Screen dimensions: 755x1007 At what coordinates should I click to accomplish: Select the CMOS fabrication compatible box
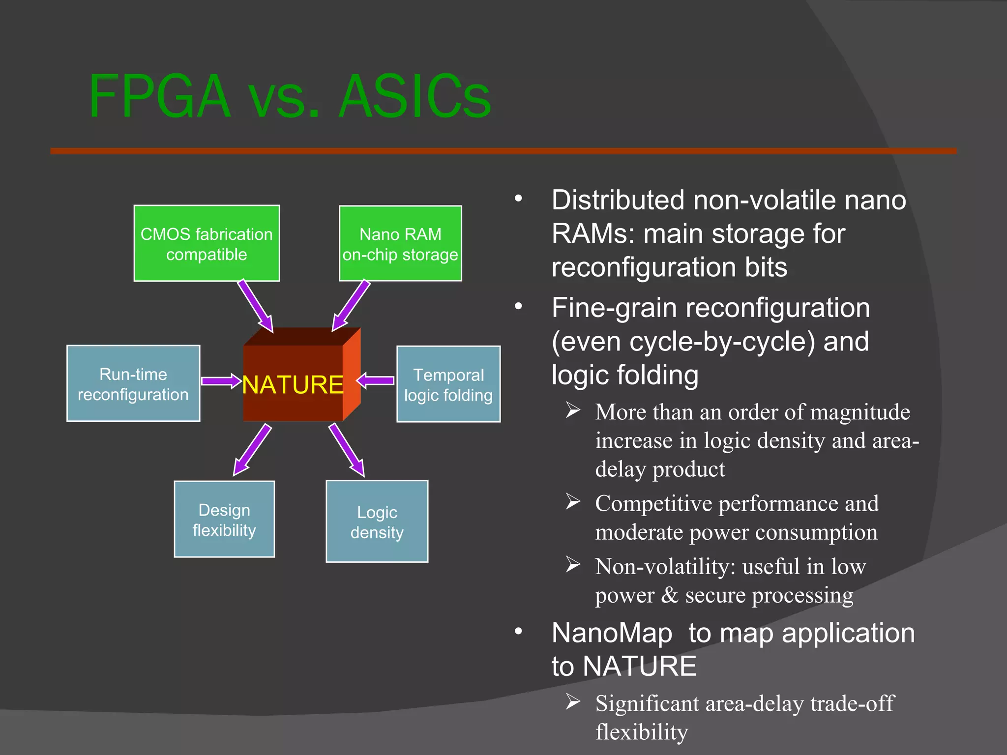(207, 244)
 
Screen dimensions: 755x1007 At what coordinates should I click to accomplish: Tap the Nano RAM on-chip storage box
(400, 244)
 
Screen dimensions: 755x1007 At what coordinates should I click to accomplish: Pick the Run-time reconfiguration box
(133, 384)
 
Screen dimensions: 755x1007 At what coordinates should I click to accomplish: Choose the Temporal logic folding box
(448, 384)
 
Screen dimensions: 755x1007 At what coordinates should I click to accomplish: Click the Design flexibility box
(224, 520)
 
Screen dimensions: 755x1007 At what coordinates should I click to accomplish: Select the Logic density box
(377, 522)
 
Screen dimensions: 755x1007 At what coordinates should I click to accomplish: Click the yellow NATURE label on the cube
(293, 384)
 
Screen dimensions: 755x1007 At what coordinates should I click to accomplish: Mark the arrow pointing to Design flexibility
(252, 450)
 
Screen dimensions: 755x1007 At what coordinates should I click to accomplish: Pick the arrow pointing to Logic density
(347, 450)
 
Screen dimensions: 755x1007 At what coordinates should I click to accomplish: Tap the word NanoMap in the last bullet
(612, 633)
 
